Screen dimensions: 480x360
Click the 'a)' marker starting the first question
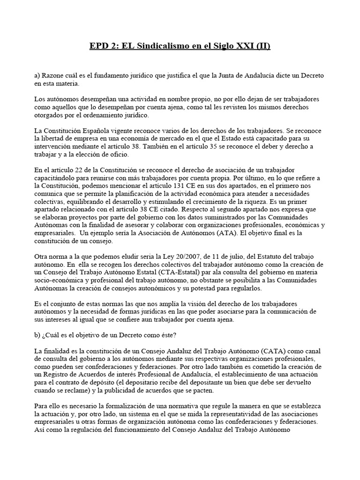[x=38, y=75]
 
